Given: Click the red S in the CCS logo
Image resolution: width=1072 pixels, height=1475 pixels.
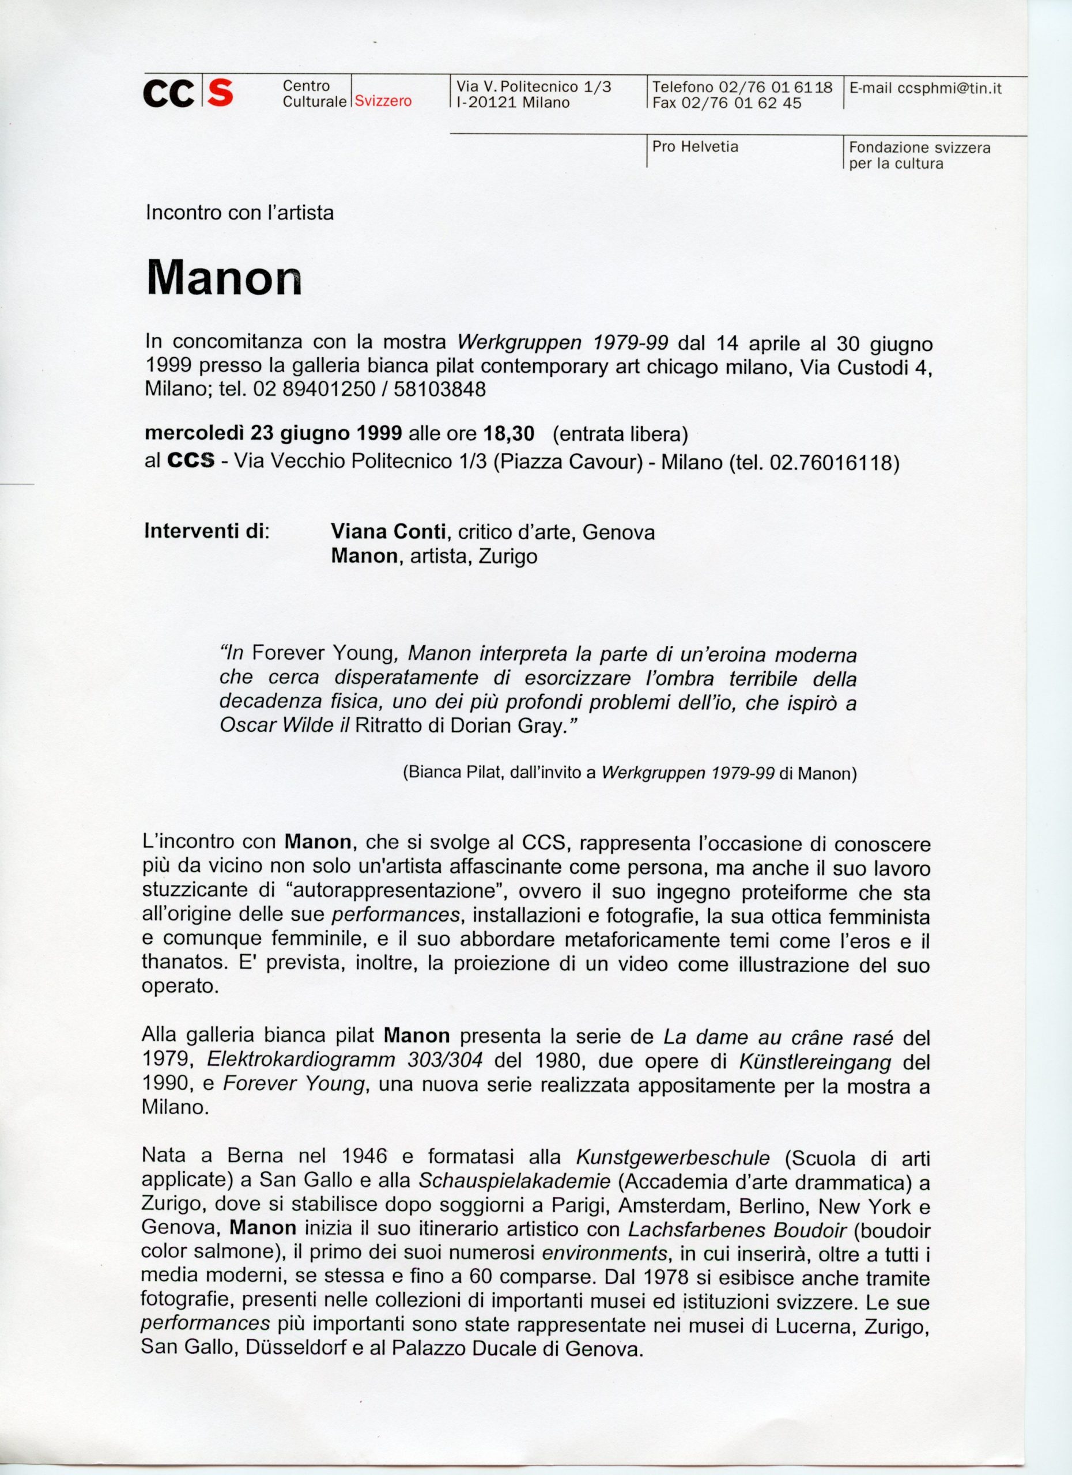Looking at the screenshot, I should click(x=221, y=94).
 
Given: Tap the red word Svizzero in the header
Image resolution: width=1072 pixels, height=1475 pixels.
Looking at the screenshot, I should click(x=384, y=102).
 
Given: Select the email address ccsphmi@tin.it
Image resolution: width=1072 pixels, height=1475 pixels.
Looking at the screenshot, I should click(x=950, y=89).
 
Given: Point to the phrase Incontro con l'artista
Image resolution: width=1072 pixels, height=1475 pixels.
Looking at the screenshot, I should click(x=239, y=213).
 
